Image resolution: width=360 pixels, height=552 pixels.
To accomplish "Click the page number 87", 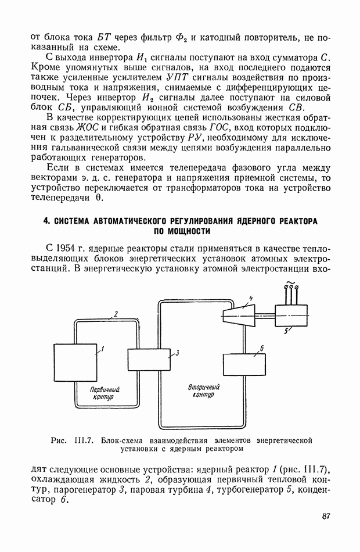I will (x=325, y=517).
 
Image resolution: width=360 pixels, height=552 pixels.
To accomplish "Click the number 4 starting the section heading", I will (x=46, y=221).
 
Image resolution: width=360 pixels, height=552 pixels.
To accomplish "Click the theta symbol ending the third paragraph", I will (x=98, y=197).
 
